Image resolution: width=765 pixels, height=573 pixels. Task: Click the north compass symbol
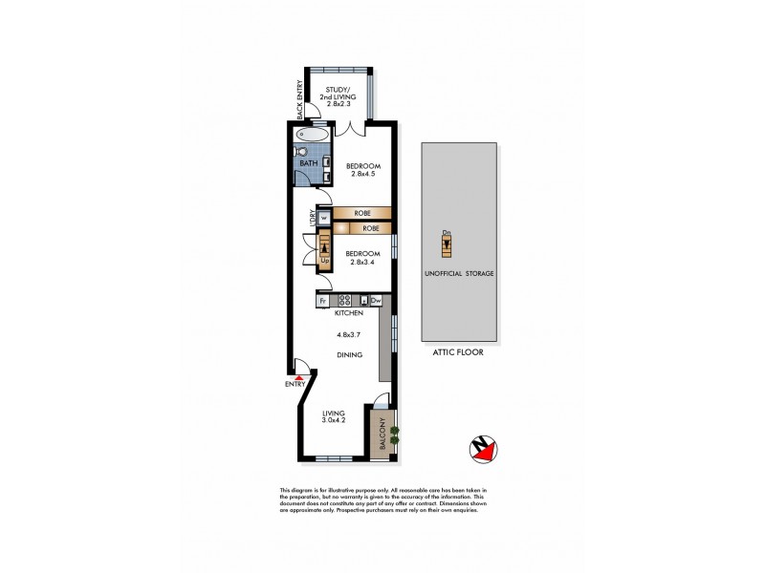[483, 449]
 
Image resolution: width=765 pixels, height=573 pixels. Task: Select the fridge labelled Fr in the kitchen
[323, 300]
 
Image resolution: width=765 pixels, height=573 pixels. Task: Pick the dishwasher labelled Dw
[376, 300]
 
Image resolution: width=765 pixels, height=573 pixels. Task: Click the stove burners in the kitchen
[344, 300]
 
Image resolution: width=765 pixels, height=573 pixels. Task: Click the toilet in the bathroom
[302, 151]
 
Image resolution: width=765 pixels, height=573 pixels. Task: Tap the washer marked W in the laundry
[323, 218]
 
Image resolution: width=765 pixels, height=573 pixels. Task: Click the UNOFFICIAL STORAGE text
[459, 273]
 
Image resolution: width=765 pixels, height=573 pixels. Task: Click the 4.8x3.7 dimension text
[349, 334]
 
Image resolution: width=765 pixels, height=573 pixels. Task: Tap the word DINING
[348, 355]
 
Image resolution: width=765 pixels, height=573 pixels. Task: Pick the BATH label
[308, 164]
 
